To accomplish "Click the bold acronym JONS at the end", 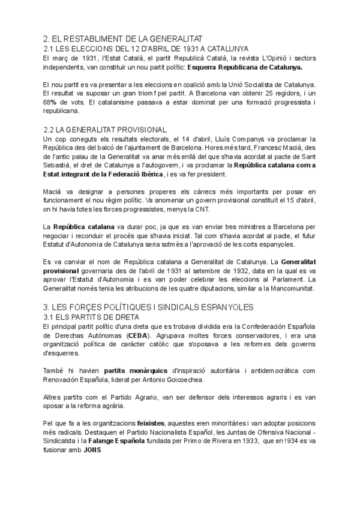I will coord(92,453).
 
